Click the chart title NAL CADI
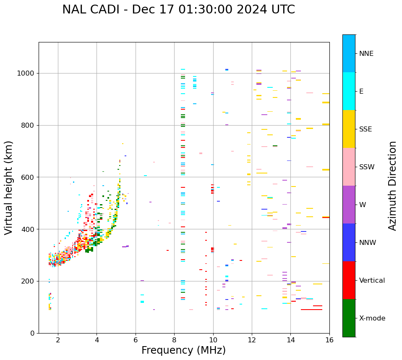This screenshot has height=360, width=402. (x=178, y=10)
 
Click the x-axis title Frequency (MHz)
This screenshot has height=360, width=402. (x=183, y=350)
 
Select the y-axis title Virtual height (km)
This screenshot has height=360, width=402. (x=9, y=187)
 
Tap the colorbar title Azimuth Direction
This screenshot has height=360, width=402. (x=392, y=186)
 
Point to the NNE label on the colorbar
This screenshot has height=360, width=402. (x=366, y=54)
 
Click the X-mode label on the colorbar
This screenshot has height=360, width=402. (x=372, y=318)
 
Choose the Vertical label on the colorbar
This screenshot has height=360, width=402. (x=372, y=281)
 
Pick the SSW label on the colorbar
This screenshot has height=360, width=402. (x=367, y=167)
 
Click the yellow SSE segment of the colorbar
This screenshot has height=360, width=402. (x=349, y=129)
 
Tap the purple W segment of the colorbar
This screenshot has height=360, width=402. (x=349, y=205)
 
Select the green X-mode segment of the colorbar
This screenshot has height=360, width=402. (x=349, y=318)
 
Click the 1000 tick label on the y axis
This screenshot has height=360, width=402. (x=26, y=73)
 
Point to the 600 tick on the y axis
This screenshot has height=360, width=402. (x=29, y=177)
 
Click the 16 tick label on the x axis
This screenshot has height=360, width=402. (x=329, y=340)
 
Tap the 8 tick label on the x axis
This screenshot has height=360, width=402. (x=174, y=340)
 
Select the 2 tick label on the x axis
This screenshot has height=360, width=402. (x=58, y=340)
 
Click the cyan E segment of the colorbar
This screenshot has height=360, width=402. (x=349, y=91)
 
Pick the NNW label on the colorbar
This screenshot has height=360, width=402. (x=368, y=243)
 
